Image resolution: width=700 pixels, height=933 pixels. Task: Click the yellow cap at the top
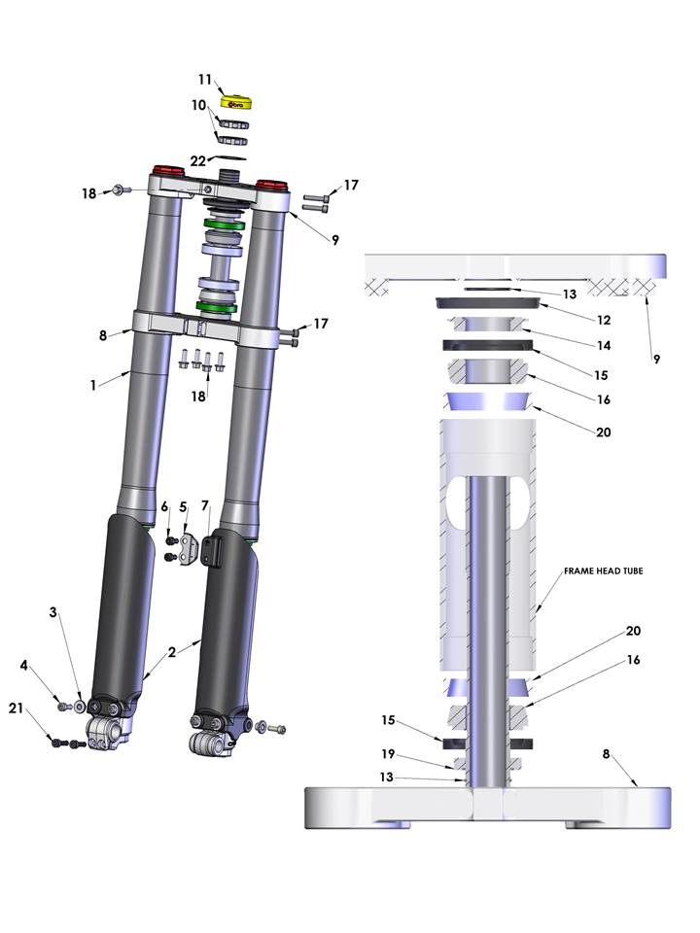pos(237,103)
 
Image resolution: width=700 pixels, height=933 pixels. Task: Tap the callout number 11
pos(205,79)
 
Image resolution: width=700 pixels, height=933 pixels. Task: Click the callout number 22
pos(198,160)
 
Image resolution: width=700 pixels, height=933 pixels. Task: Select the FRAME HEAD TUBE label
pos(603,570)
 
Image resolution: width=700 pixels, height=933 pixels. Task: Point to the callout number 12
pos(604,320)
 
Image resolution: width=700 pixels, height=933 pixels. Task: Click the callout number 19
pos(388,754)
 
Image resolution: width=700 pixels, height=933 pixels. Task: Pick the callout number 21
pos(17,708)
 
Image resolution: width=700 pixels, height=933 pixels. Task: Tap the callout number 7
pos(205,505)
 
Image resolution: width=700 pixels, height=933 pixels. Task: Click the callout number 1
pos(93,385)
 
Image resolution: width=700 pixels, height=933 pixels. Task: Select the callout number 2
pos(171,652)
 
